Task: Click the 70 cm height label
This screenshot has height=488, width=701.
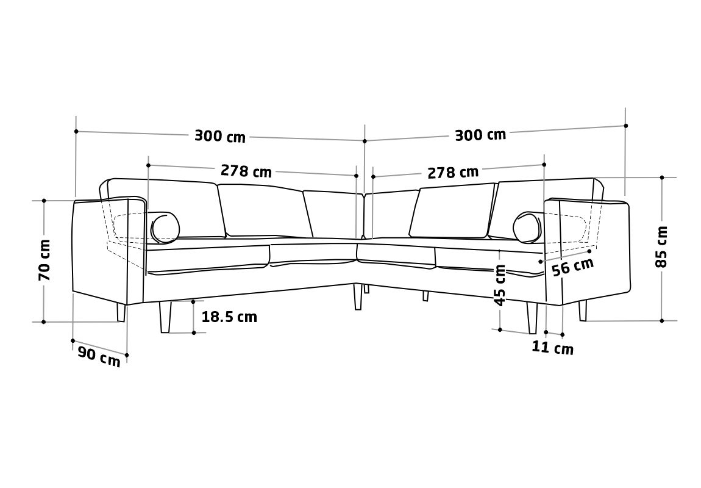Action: (x=44, y=260)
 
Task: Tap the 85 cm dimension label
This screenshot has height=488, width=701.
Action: (x=661, y=247)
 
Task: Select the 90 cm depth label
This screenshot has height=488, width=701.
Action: (x=99, y=356)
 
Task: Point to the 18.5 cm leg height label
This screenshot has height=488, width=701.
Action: (x=229, y=317)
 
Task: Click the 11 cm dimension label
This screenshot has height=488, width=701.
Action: (x=553, y=348)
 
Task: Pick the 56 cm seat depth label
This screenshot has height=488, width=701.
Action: (x=573, y=267)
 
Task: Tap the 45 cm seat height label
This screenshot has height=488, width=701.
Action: (x=500, y=285)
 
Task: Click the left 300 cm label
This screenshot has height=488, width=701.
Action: (x=220, y=135)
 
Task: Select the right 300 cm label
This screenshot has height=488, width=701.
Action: (x=480, y=135)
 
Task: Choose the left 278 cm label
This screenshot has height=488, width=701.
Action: (x=246, y=171)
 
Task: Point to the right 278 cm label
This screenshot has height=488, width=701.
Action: (x=453, y=172)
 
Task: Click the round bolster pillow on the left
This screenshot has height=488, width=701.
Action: (x=165, y=228)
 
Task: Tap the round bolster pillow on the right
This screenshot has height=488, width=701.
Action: (x=527, y=228)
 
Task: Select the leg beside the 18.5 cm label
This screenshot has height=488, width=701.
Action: (x=165, y=317)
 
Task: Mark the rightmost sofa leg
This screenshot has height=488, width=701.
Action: (x=583, y=311)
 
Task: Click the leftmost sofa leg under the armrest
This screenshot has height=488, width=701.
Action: (x=121, y=312)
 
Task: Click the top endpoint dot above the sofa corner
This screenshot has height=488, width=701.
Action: (x=365, y=141)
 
